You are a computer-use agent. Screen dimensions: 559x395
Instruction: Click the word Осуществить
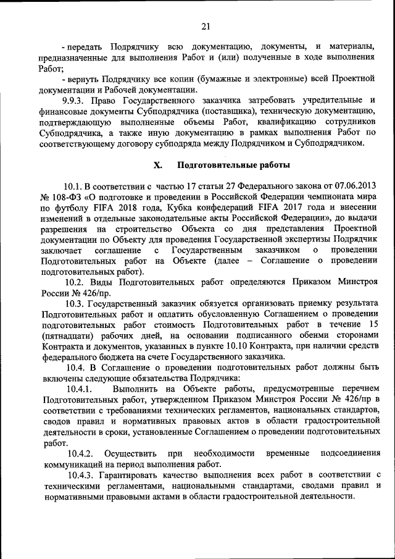point(131,453)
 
